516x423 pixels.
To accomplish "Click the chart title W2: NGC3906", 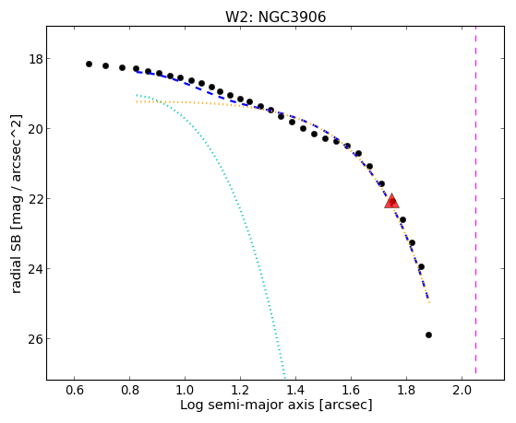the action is point(275,17).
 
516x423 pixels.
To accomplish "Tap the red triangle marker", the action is point(391,202).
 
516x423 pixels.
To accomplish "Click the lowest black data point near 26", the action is point(428,335).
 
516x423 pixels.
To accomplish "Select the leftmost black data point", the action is point(89,65).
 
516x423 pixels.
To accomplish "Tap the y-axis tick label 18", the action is point(36,60).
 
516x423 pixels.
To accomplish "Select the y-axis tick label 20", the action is point(36,129).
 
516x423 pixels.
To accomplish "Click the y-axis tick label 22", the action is point(36,199).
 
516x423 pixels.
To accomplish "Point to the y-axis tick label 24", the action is point(36,269).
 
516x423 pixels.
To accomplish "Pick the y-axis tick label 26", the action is point(36,339).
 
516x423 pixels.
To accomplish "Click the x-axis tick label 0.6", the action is point(75,391).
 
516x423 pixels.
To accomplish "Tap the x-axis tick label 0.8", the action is point(129,391).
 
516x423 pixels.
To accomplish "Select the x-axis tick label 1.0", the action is point(185,391).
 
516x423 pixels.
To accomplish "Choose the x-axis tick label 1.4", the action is point(295,391).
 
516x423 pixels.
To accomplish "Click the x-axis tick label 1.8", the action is point(406,391).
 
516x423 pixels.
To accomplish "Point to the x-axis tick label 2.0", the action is point(462,391).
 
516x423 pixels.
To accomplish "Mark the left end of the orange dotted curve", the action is point(137,102).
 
